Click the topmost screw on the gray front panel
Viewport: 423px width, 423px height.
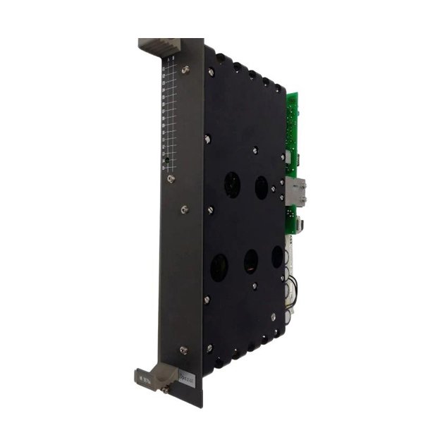click(x=185, y=69)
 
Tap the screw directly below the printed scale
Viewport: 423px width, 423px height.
click(x=171, y=179)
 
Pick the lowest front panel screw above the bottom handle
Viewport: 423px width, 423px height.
click(x=184, y=349)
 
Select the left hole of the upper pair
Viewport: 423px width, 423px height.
click(x=231, y=185)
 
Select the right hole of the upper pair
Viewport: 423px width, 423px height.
click(x=261, y=188)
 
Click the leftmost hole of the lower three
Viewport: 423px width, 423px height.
click(x=219, y=268)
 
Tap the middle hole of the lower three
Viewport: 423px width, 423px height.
click(x=251, y=262)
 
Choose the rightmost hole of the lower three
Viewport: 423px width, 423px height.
click(x=277, y=257)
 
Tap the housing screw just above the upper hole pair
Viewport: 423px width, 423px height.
click(x=255, y=149)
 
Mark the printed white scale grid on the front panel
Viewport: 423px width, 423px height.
click(x=168, y=113)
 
